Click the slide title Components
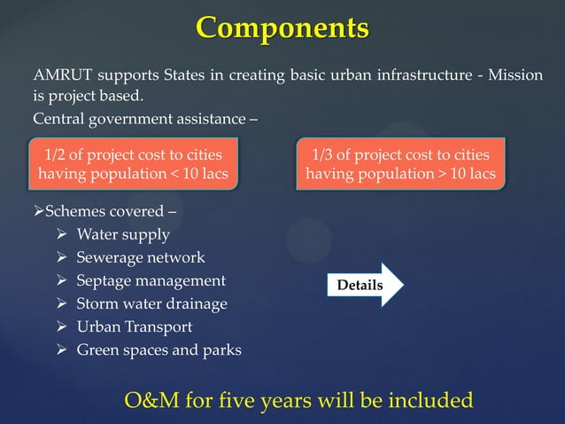pos(282,27)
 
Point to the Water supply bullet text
pos(123,235)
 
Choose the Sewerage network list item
pos(141,258)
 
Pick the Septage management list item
pos(151,281)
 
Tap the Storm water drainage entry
pos(152,304)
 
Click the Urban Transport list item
pos(135,326)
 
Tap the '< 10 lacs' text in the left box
pos(197,174)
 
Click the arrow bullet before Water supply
pos(61,235)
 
